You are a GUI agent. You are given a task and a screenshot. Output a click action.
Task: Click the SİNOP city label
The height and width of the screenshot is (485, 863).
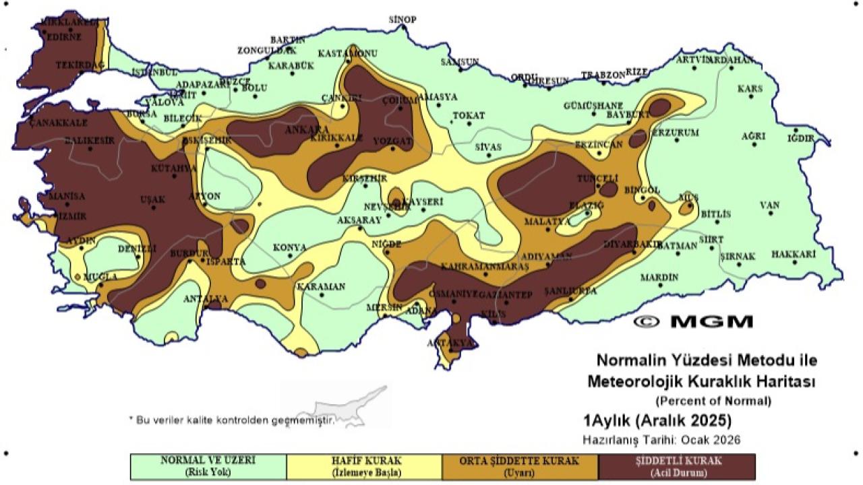[403, 20]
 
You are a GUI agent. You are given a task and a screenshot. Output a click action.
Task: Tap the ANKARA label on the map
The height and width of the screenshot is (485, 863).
[307, 129]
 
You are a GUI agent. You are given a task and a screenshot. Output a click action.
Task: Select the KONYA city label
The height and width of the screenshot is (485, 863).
[290, 248]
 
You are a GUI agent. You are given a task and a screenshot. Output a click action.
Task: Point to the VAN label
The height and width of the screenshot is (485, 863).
[769, 205]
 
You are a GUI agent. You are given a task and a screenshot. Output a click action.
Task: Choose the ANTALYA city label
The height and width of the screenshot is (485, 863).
[206, 298]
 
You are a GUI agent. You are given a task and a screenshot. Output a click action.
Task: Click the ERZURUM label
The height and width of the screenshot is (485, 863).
[676, 133]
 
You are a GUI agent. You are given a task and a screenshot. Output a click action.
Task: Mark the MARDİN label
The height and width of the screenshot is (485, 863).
[659, 277]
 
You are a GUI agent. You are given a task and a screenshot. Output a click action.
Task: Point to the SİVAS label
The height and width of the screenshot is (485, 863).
[489, 147]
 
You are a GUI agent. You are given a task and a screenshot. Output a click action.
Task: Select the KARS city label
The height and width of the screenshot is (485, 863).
[749, 89]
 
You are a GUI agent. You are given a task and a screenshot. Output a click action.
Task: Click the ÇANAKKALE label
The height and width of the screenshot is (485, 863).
[59, 123]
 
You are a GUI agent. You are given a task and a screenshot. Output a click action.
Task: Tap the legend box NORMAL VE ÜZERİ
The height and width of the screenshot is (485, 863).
[208, 466]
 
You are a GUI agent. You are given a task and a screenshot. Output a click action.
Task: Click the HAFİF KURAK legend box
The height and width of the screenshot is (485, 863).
[364, 466]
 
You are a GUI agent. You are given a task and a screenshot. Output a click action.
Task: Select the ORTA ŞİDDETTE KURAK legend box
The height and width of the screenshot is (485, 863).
[520, 466]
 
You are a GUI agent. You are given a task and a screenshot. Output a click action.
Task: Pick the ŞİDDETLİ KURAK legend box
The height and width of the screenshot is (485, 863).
[676, 466]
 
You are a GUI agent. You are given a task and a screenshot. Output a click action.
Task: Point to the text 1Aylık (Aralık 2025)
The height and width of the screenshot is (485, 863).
[657, 422]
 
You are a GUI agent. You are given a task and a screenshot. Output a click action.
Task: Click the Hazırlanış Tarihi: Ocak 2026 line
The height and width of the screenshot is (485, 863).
[661, 440]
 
